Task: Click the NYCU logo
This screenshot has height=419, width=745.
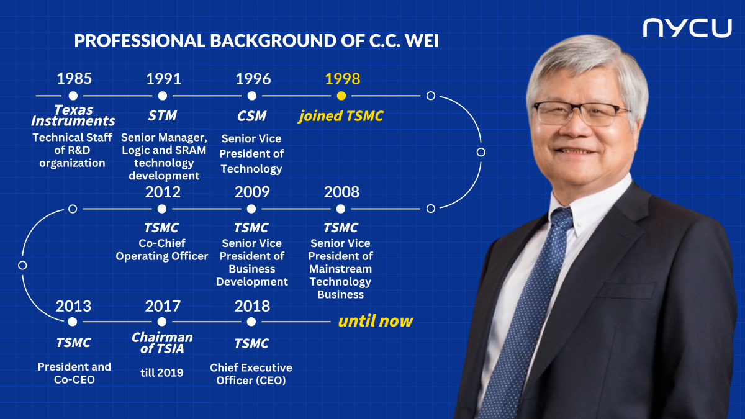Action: (x=687, y=28)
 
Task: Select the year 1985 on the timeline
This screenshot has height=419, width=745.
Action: (x=74, y=79)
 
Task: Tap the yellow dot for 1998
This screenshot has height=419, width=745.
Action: (x=341, y=96)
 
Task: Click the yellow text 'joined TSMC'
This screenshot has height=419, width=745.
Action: (x=341, y=116)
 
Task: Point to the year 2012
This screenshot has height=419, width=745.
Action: (x=163, y=192)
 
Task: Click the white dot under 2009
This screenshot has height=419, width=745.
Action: (x=251, y=209)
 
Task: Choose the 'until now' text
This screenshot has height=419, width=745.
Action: (x=376, y=321)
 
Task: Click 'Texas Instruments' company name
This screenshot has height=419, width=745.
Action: (x=73, y=115)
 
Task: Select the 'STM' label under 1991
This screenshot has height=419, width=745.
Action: (x=162, y=115)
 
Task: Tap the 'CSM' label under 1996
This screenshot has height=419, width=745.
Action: (x=252, y=116)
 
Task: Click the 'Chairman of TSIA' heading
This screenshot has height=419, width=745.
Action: (x=162, y=343)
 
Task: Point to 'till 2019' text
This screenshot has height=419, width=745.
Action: (x=162, y=372)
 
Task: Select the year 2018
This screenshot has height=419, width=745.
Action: (x=252, y=306)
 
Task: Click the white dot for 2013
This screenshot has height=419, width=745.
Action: (x=72, y=322)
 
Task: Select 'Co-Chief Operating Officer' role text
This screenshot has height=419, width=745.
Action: (x=162, y=250)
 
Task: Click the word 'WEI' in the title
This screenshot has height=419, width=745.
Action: (x=422, y=41)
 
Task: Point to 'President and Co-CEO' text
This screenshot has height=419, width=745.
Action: (x=74, y=373)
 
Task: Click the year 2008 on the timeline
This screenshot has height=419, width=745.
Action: (x=341, y=192)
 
